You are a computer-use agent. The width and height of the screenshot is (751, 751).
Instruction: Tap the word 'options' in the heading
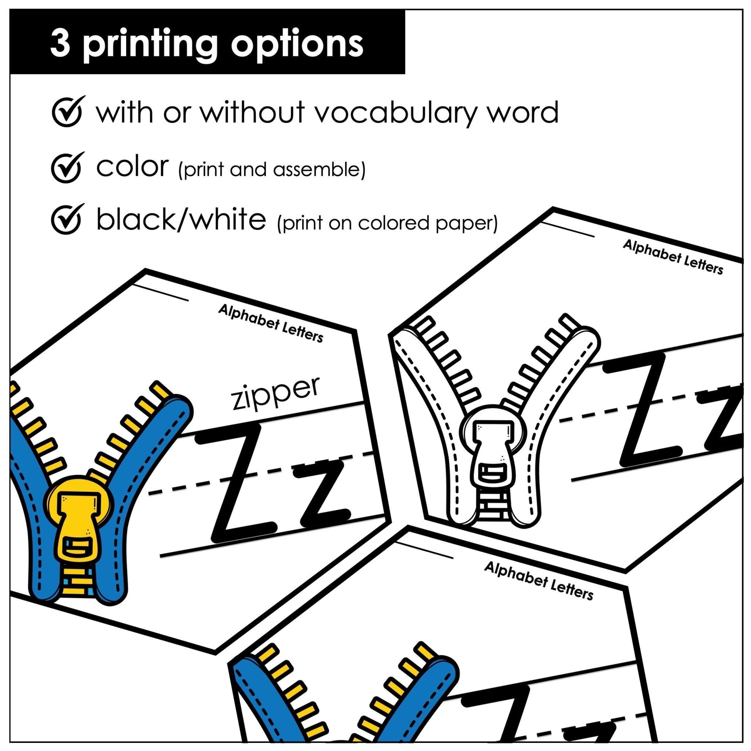point(298,44)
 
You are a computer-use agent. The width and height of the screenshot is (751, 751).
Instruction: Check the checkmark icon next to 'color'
point(66,166)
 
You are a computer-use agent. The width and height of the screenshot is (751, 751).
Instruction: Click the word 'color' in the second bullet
point(132,166)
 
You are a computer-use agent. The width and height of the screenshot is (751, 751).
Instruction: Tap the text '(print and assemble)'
point(272,169)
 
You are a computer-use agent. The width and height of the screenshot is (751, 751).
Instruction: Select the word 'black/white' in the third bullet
point(181,220)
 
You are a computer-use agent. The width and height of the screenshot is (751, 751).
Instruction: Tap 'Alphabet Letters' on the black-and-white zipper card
point(673,257)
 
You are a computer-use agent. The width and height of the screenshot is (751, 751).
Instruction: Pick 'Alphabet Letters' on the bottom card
point(539,571)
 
